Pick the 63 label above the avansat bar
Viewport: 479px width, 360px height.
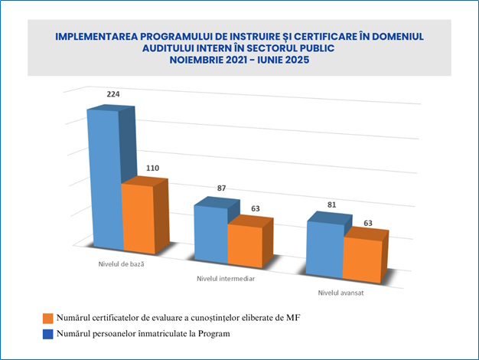[368, 223]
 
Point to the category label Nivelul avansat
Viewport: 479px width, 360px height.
[341, 293]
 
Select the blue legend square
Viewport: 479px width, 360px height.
[48, 334]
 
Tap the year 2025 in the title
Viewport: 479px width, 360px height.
[294, 61]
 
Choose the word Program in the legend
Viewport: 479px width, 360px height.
[213, 334]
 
